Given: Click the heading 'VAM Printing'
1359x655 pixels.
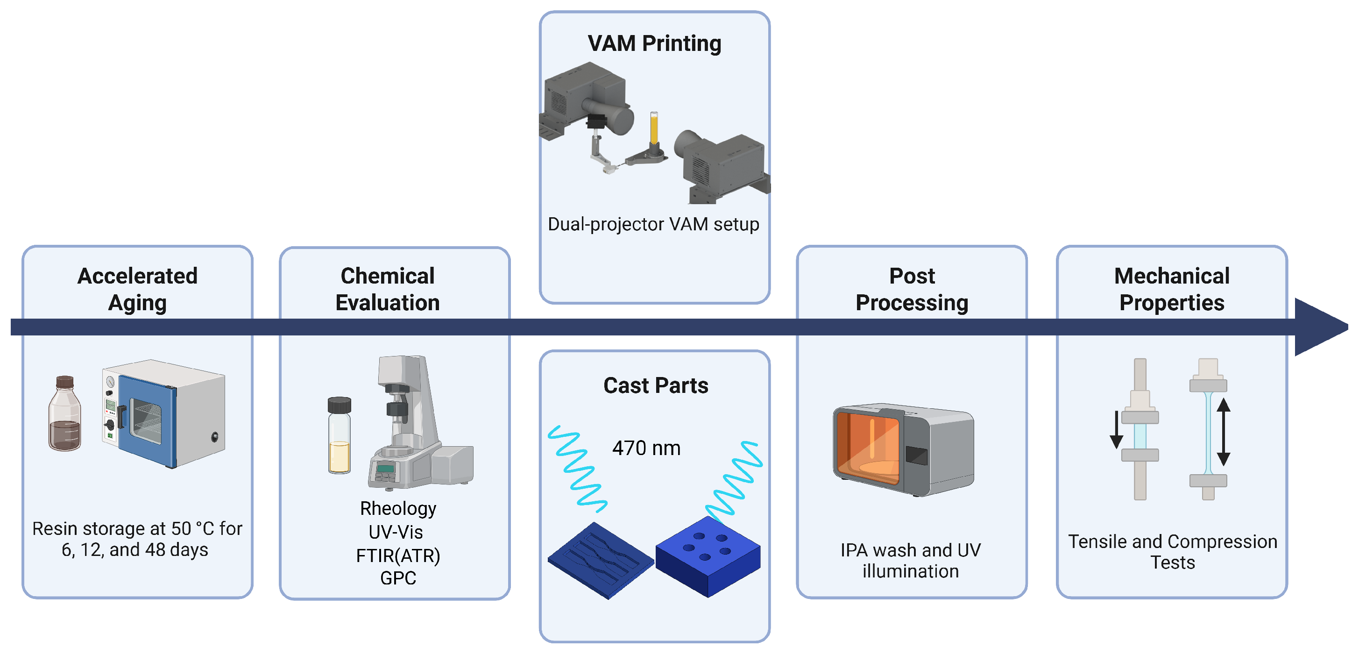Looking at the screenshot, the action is tap(654, 43).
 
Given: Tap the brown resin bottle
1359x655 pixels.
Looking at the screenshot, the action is tap(65, 413).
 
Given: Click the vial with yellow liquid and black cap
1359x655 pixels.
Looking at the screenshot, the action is tap(339, 435).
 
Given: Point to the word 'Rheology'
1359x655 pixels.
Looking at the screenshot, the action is tap(398, 508).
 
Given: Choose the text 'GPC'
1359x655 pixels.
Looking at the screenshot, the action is tap(398, 578).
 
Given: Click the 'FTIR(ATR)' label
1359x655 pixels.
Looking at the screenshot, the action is tap(398, 555).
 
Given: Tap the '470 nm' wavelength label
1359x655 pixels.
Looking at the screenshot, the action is tap(646, 448).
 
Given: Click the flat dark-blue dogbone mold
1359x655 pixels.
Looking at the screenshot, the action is tap(601, 561).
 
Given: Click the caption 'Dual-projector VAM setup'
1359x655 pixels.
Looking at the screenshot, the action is tap(654, 224).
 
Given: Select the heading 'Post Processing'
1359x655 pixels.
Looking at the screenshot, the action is tap(912, 289).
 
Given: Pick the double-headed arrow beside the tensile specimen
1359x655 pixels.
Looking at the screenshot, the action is tap(1224, 432).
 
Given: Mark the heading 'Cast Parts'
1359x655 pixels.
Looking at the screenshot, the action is tap(656, 386).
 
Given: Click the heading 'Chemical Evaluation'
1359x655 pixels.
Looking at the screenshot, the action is tap(388, 289).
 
